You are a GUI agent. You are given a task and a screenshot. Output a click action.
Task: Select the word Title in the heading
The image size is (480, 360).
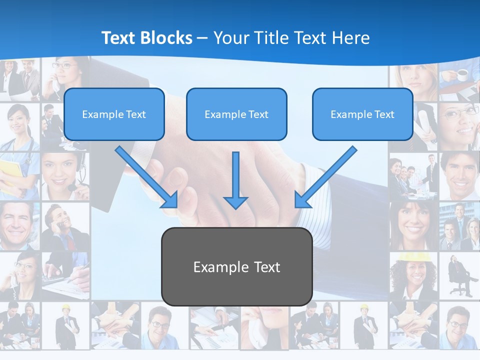(269, 38)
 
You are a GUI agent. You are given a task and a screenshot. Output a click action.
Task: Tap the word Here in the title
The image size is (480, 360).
(350, 38)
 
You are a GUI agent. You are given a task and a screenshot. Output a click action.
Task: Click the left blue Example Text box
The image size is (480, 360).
(114, 114)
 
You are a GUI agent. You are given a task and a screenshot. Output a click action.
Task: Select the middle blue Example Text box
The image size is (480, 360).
(236, 114)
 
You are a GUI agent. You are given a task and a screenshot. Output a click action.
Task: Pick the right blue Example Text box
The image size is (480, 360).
(362, 114)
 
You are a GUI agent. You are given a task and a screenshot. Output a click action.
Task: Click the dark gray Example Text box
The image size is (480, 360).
(236, 266)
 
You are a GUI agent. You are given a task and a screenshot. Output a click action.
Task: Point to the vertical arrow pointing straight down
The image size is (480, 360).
(235, 180)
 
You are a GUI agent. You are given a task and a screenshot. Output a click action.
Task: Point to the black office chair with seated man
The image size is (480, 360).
(458, 277)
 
